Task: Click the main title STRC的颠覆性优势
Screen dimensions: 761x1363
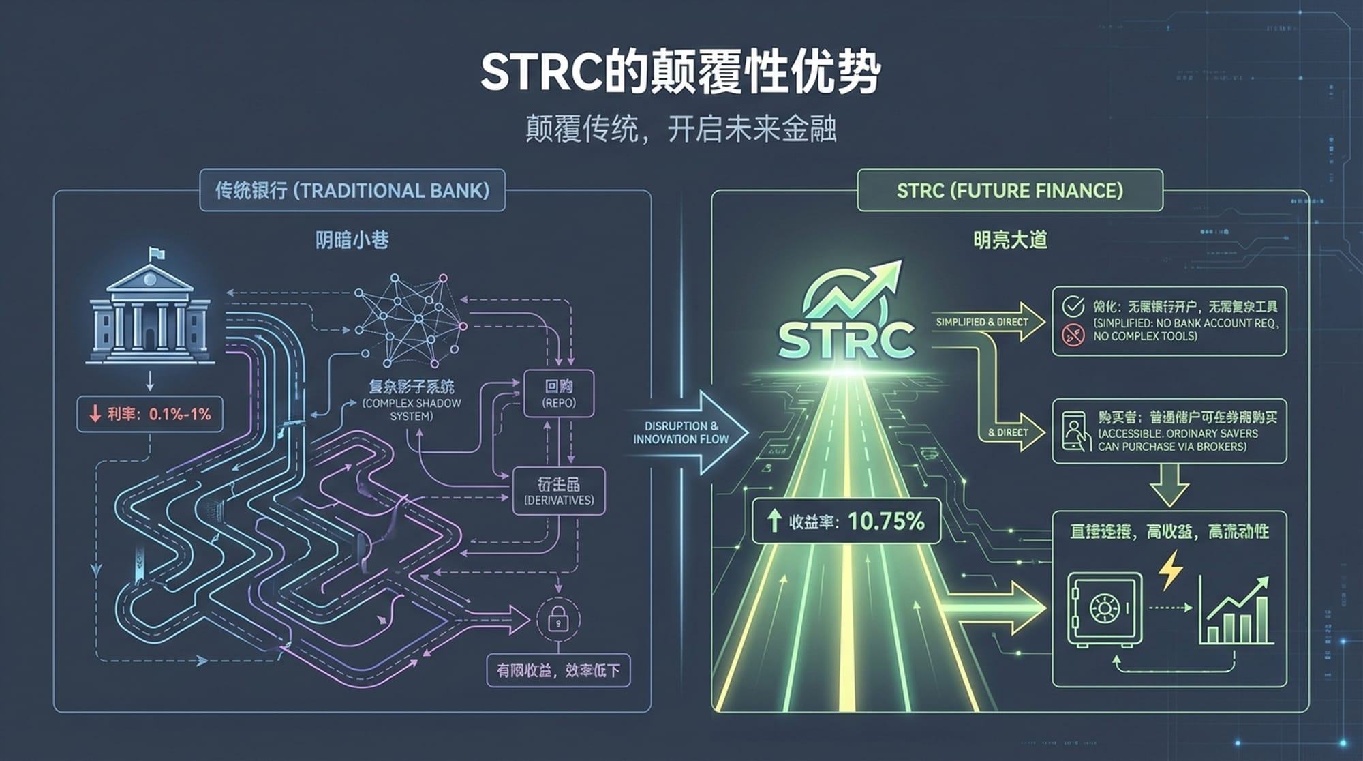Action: point(680,72)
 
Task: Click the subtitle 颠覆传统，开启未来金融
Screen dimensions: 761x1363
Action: point(680,128)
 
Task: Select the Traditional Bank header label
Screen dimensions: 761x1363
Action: point(352,190)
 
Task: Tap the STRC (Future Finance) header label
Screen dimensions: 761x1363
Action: point(1009,190)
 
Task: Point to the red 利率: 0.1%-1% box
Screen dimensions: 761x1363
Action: point(150,414)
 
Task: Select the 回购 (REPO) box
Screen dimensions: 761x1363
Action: point(559,393)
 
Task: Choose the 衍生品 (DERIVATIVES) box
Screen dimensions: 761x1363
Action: point(558,491)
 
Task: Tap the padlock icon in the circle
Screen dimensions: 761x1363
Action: point(558,619)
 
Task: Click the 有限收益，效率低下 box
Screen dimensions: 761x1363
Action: point(558,671)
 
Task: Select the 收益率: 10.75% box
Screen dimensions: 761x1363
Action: point(846,522)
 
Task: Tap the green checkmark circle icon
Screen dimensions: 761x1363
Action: point(1073,307)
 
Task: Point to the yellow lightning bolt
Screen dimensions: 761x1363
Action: point(1170,570)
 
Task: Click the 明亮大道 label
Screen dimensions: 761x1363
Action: point(1009,240)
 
